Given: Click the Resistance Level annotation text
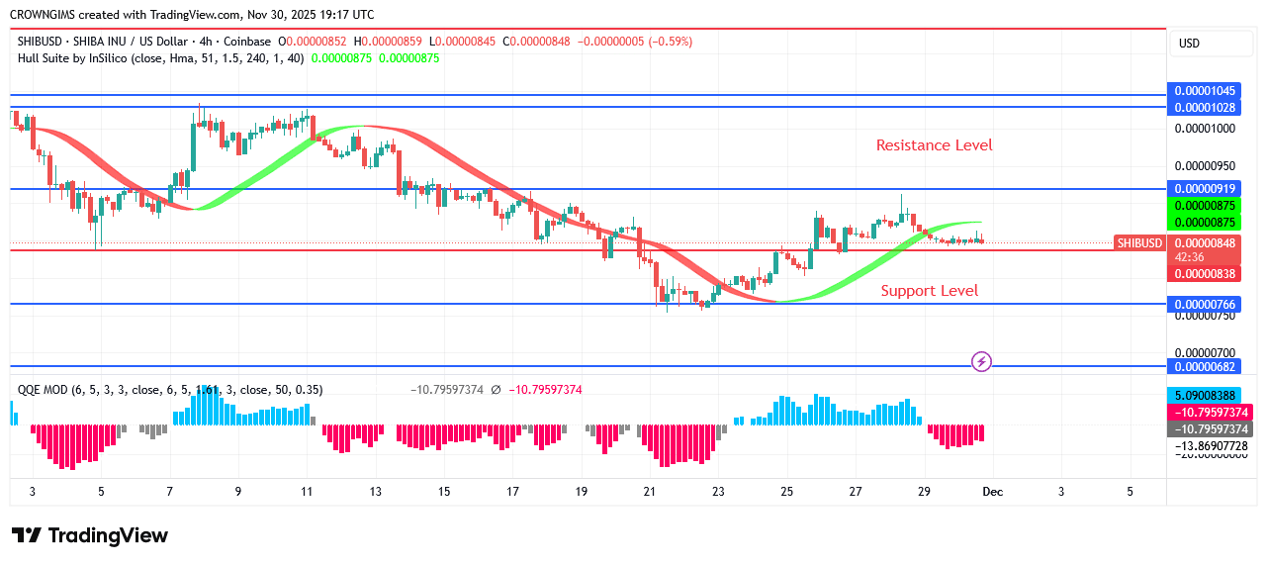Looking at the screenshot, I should click(x=934, y=145).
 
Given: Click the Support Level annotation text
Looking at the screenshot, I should click(x=929, y=290).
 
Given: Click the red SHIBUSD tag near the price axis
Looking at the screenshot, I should click(x=1138, y=242).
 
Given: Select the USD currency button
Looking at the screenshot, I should click(x=1189, y=44).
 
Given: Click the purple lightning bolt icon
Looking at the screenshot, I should click(x=981, y=361).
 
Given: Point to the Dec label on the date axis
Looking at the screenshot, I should click(x=992, y=492).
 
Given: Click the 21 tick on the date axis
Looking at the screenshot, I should click(x=649, y=492).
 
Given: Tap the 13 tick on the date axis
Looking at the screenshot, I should click(x=375, y=492).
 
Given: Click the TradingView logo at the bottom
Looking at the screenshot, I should click(x=90, y=535).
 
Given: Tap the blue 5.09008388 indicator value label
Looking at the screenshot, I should click(x=1212, y=395).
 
